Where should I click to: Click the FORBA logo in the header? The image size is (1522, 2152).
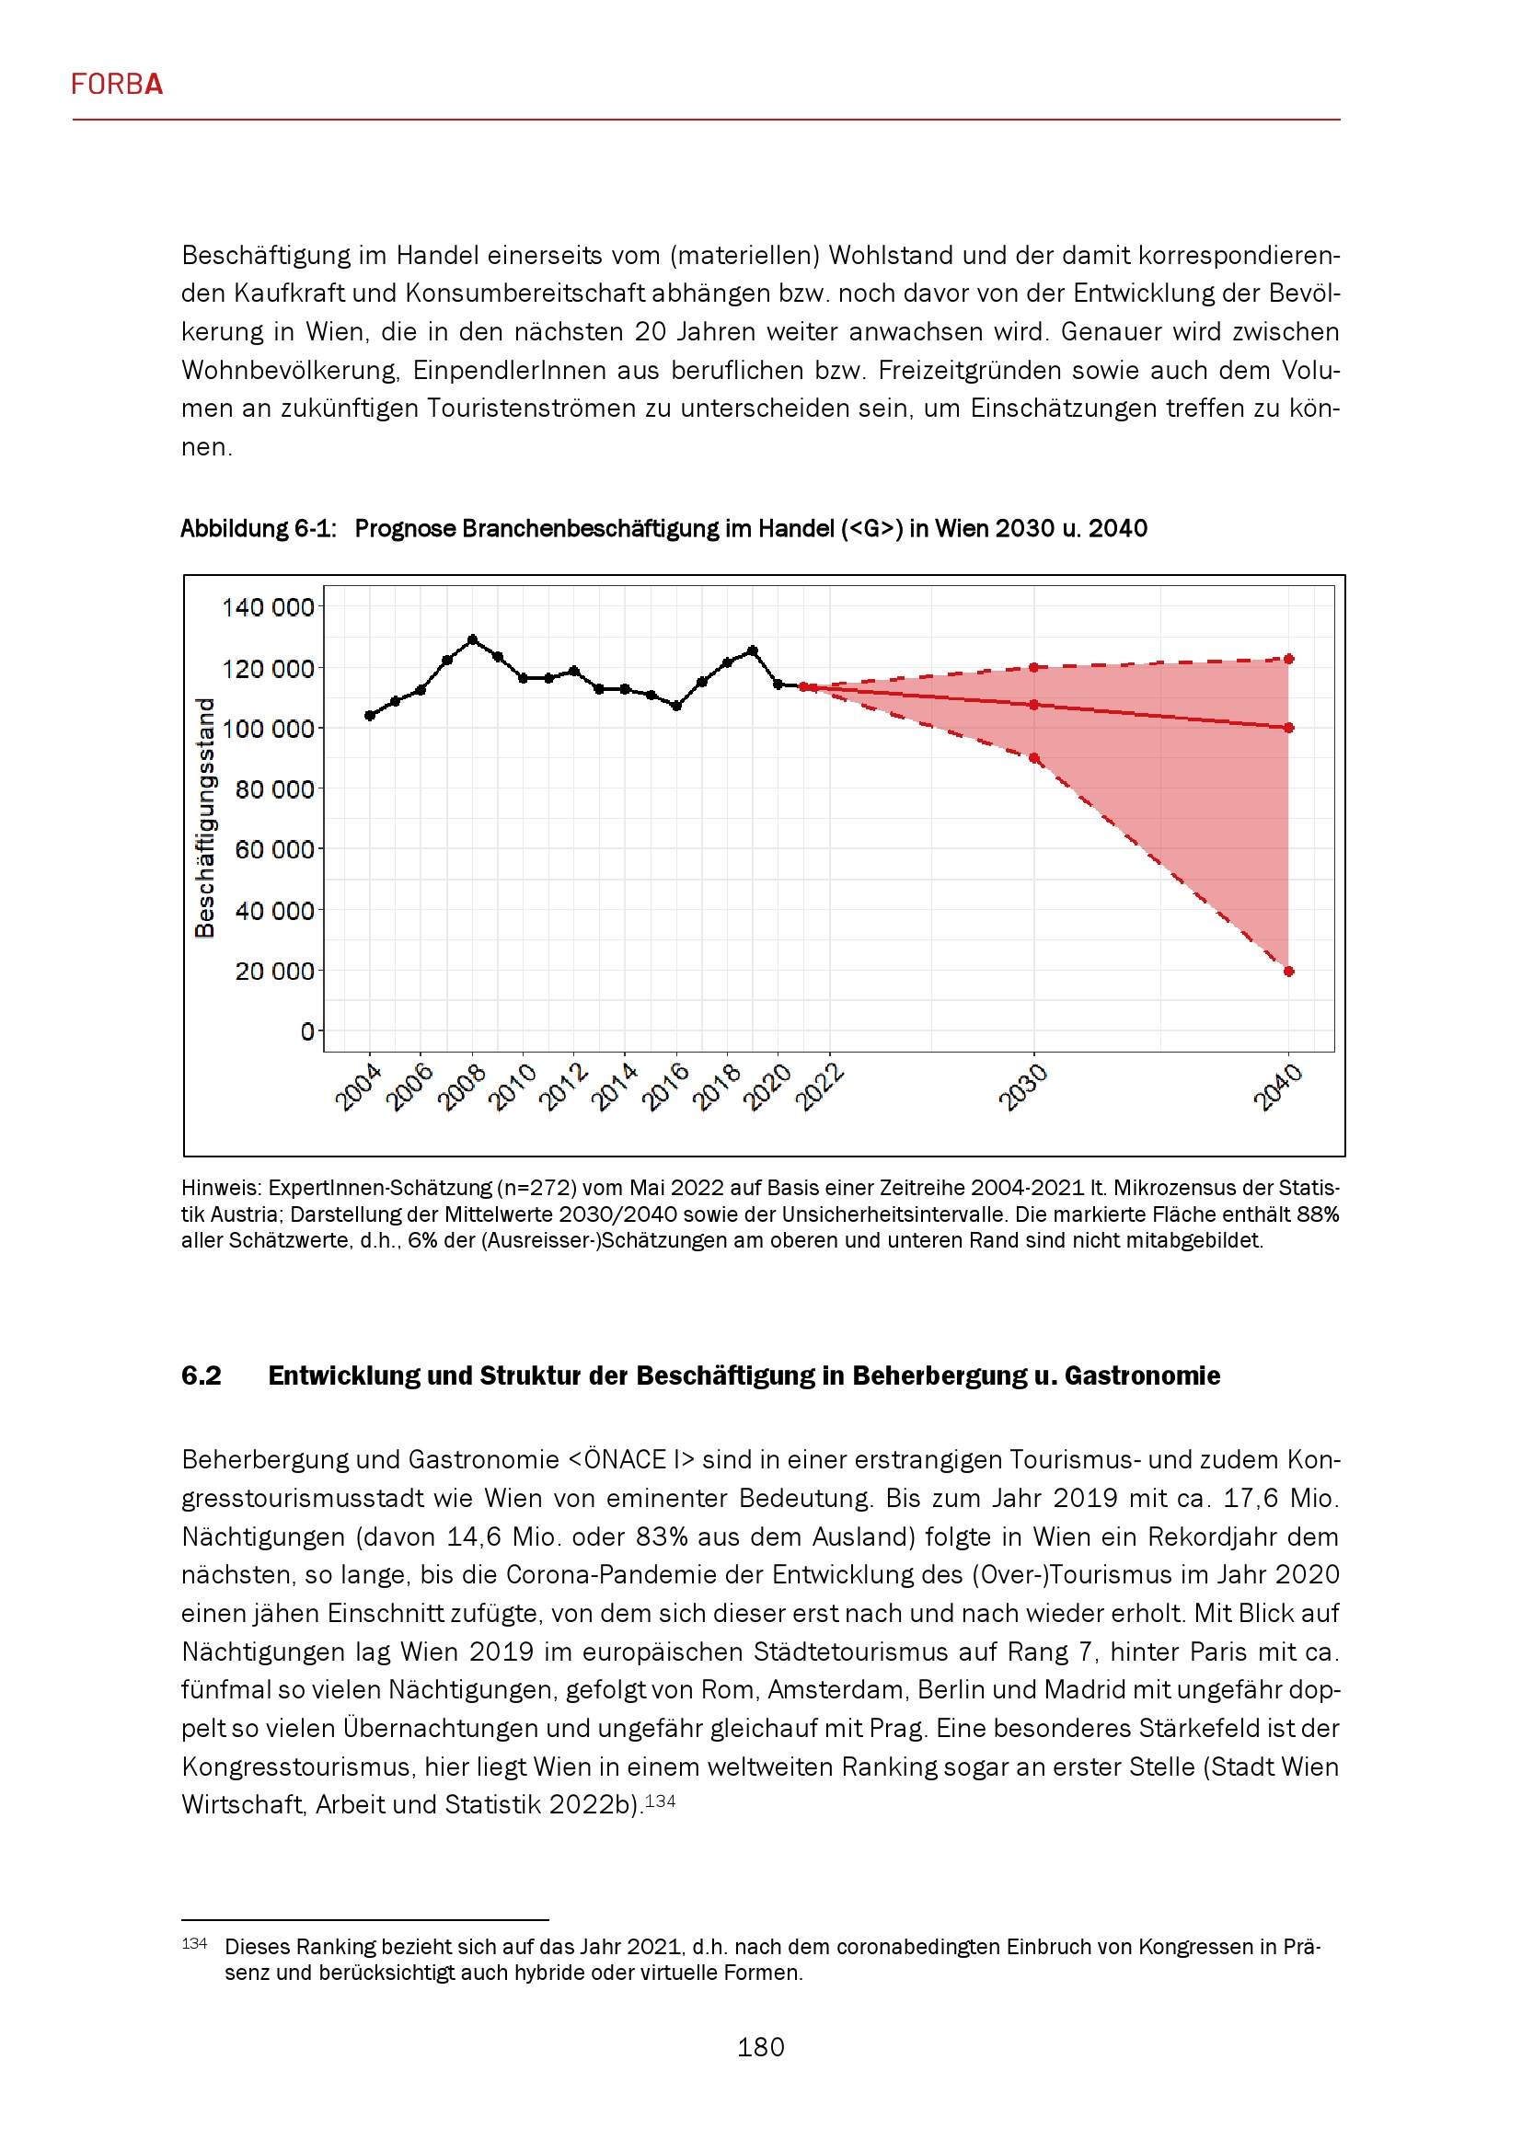click(117, 85)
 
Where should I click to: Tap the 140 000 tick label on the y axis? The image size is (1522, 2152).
click(267, 607)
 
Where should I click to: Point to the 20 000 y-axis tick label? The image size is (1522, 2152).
click(273, 971)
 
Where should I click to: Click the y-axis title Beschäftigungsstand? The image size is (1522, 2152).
click(204, 817)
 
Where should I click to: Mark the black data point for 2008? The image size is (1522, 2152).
click(472, 640)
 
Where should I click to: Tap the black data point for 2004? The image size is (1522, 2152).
click(369, 716)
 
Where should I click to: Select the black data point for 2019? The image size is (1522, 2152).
click(753, 650)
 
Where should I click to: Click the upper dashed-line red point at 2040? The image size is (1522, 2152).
click(1288, 659)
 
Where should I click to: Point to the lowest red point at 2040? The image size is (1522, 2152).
click(1288, 972)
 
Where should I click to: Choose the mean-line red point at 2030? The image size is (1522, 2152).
click(1033, 705)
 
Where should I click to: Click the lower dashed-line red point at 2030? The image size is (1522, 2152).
click(1033, 758)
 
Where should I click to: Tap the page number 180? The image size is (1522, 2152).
click(760, 2047)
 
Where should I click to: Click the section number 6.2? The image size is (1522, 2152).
click(202, 1375)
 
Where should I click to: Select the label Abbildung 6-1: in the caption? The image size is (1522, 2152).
click(258, 529)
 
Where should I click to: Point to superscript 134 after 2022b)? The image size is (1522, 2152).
click(661, 1801)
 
